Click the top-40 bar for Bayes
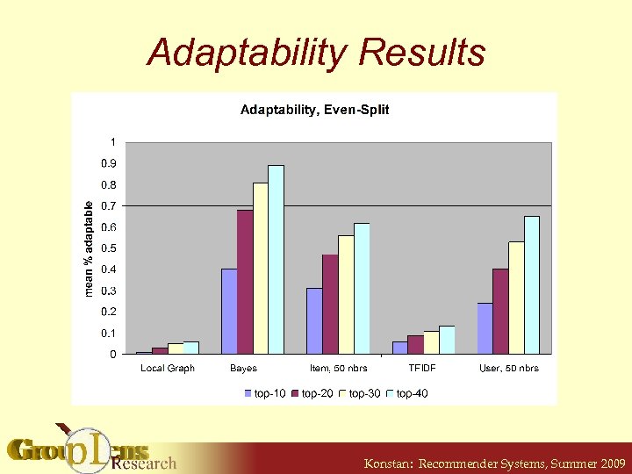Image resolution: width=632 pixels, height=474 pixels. click(276, 260)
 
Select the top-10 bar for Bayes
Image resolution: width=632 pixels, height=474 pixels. click(229, 311)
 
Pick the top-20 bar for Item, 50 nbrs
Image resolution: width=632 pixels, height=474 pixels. click(330, 304)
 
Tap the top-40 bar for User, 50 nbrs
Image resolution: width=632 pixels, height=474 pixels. click(532, 285)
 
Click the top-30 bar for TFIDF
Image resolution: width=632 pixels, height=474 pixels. click(431, 342)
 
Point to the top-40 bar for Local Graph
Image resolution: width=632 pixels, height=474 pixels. click(191, 348)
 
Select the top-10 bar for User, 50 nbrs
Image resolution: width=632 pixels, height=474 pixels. click(485, 328)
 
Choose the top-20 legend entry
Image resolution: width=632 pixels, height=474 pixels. click(312, 393)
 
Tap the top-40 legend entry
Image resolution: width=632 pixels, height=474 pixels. click(408, 393)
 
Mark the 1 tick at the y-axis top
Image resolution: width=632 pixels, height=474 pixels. click(111, 142)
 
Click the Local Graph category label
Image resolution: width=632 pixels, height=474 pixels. click(168, 368)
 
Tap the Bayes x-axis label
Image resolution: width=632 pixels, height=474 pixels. click(243, 368)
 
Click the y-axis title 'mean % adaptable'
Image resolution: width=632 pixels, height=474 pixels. click(89, 248)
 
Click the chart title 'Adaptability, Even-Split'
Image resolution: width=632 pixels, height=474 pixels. click(315, 110)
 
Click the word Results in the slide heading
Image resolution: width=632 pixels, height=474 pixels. click(421, 53)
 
